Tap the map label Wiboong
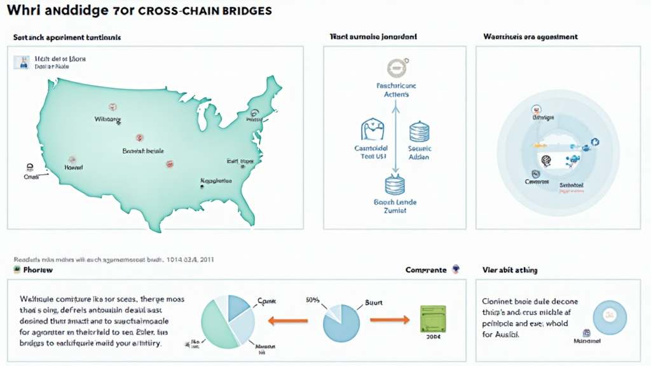[x=107, y=119]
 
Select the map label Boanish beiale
[x=143, y=151]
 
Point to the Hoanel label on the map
[x=74, y=166]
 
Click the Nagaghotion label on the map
[x=216, y=181]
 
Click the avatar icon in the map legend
[x=24, y=62]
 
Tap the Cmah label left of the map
[x=31, y=177]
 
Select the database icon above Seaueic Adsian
[x=420, y=131]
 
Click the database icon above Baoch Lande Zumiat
[x=395, y=186]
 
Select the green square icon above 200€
[x=434, y=317]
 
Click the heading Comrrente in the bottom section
[x=426, y=270]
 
